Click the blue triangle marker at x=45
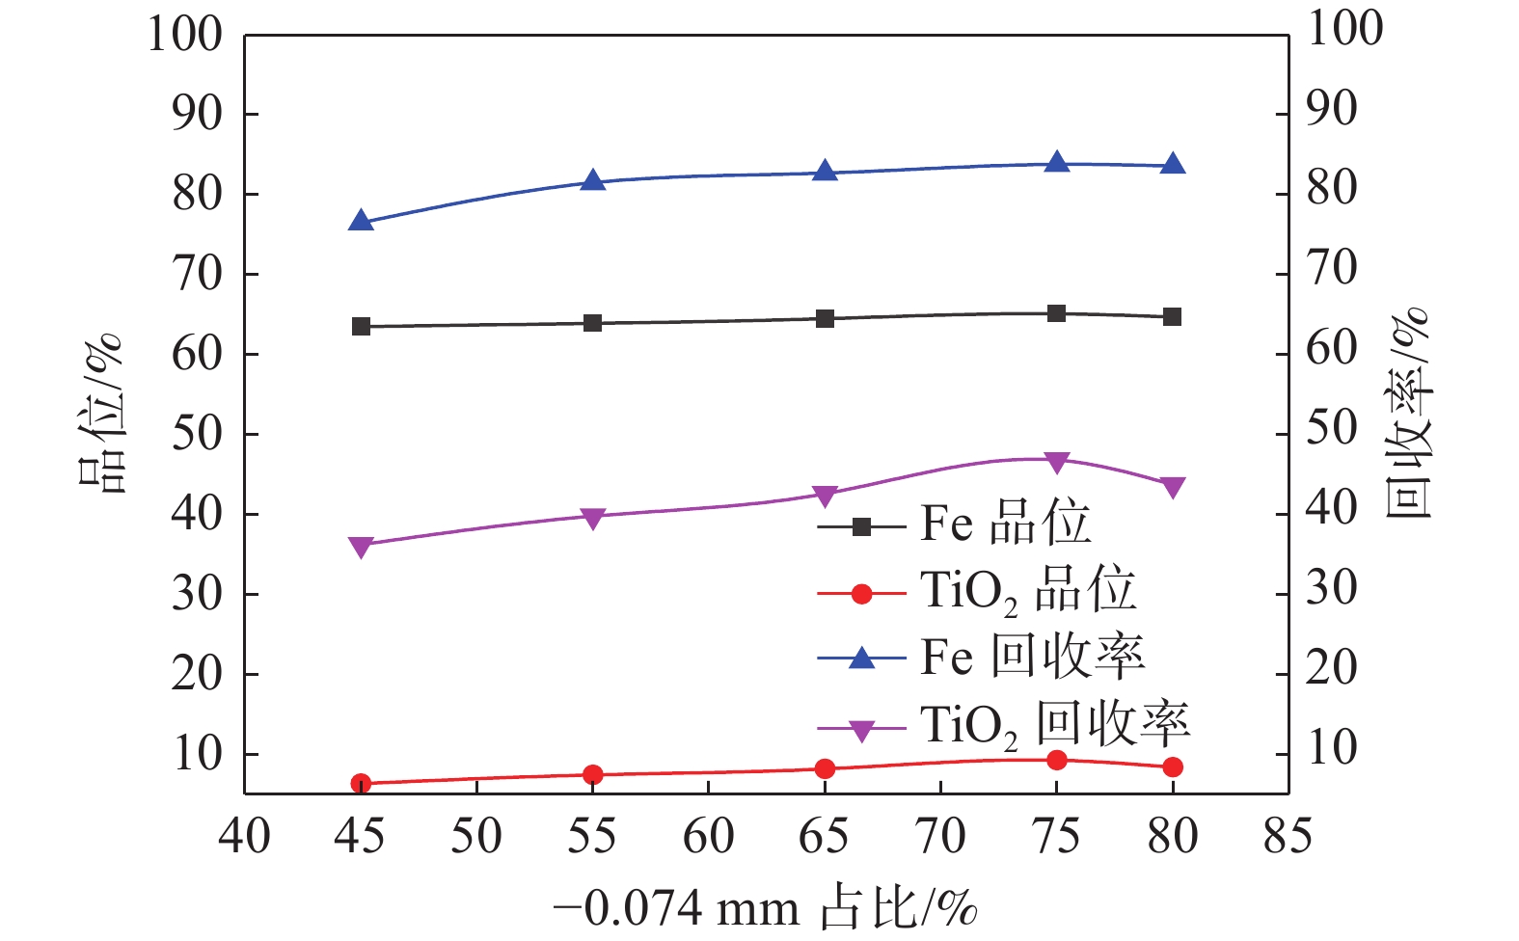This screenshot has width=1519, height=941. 362,222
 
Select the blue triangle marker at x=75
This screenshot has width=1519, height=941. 1057,162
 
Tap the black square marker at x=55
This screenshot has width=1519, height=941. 593,323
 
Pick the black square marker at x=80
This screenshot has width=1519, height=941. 1173,316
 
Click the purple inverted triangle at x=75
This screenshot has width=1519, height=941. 1057,463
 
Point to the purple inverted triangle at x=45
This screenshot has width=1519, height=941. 362,548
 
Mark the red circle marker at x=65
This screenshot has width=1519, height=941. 825,768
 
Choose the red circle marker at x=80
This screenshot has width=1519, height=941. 1173,767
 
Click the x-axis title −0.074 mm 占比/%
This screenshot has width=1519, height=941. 767,909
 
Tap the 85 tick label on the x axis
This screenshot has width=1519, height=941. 1288,836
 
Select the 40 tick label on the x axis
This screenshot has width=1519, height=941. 245,836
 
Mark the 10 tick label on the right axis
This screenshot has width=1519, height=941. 1332,747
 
